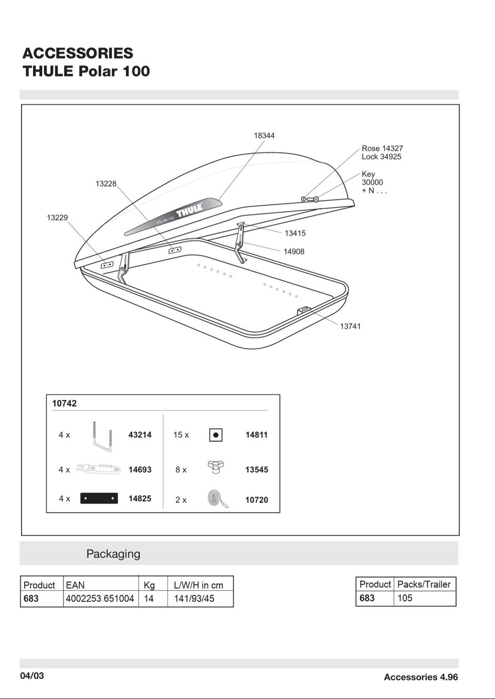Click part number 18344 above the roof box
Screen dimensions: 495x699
pyautogui.click(x=264, y=136)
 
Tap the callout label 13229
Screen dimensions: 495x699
pyautogui.click(x=57, y=218)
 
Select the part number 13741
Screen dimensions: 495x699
pyautogui.click(x=350, y=326)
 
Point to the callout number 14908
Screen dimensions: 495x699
pyautogui.click(x=294, y=252)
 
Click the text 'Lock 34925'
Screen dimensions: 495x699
pyautogui.click(x=382, y=157)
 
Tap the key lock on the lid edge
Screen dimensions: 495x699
pyautogui.click(x=309, y=199)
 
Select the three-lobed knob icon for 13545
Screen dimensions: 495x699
pyautogui.click(x=216, y=467)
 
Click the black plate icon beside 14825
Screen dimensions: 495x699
pyautogui.click(x=99, y=498)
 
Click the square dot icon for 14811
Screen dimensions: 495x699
pyautogui.click(x=216, y=435)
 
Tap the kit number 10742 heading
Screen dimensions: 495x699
pyautogui.click(x=64, y=403)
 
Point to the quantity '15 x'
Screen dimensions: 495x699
pyautogui.click(x=181, y=435)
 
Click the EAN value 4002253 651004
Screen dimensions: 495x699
pyautogui.click(x=100, y=598)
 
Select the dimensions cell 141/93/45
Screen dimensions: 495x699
pyautogui.click(x=194, y=598)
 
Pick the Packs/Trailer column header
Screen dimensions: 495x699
pyautogui.click(x=424, y=584)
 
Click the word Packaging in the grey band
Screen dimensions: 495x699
pyautogui.click(x=113, y=554)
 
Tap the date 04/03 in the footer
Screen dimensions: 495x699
pyautogui.click(x=32, y=676)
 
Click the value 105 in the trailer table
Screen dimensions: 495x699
pyautogui.click(x=405, y=598)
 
